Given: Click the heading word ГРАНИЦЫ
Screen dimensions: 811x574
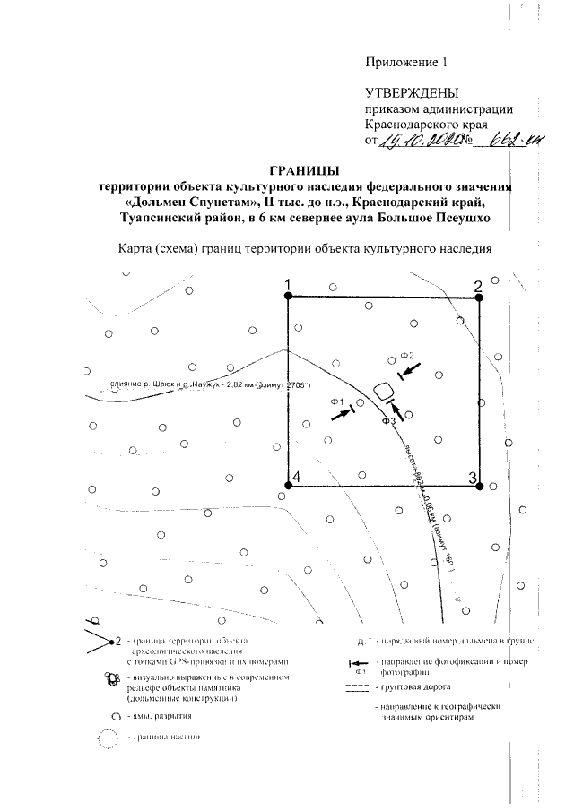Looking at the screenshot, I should (x=304, y=169).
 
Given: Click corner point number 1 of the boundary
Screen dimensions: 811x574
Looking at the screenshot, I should (x=288, y=298).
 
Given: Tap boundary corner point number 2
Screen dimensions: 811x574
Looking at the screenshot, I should (x=480, y=298).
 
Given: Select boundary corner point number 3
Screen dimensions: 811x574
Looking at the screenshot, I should (x=480, y=487).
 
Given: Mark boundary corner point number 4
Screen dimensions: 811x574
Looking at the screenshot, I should (x=288, y=487).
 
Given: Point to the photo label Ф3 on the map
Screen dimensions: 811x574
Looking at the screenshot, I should (x=388, y=419).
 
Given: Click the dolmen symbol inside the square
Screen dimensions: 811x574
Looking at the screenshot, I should (x=383, y=391).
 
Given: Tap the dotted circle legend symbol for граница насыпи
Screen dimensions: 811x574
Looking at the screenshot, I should (x=108, y=740).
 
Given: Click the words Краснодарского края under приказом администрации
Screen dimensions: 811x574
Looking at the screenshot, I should (x=425, y=125).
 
